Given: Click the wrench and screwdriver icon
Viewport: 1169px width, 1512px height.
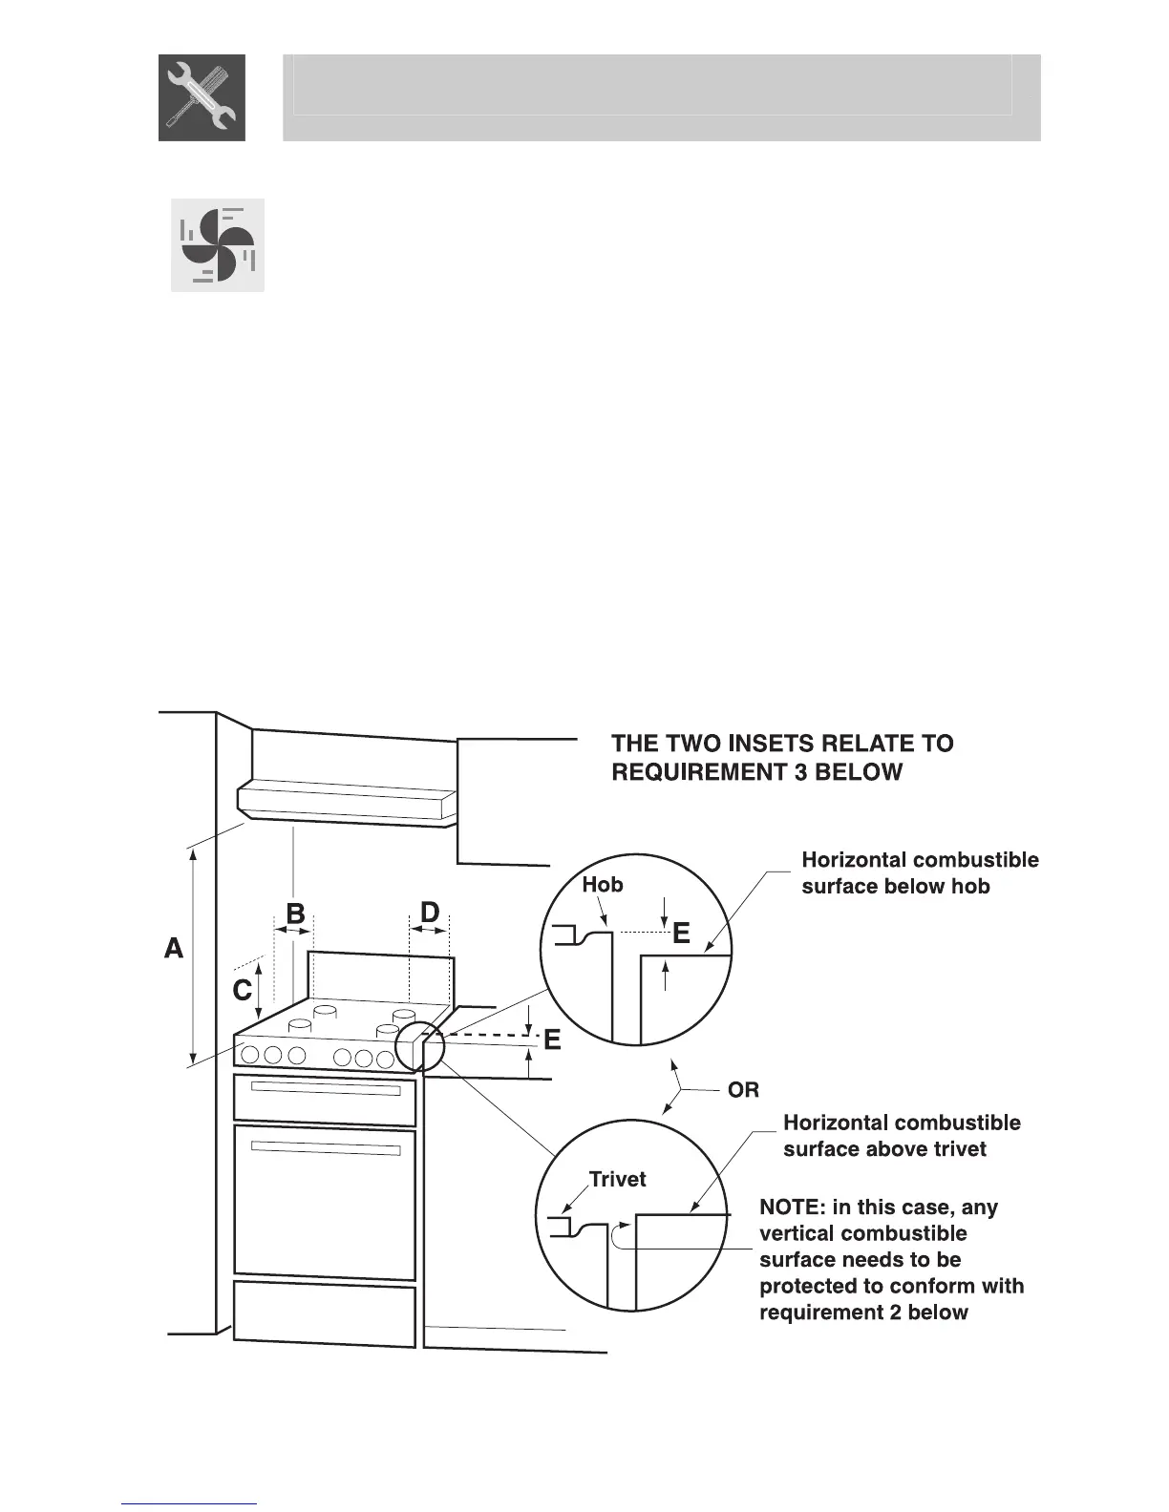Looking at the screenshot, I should [202, 97].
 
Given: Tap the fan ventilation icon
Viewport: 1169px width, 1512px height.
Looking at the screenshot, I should [218, 245].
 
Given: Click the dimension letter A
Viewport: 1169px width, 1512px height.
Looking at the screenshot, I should [174, 949].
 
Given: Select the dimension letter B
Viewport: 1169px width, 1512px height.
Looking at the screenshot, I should [295, 913].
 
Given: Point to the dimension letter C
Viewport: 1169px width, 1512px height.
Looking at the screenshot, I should [242, 991].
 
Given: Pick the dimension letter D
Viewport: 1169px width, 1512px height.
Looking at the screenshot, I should [430, 913].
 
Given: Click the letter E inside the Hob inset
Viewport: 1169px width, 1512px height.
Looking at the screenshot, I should [681, 934].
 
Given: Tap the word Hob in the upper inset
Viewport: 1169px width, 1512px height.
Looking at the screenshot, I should [603, 885].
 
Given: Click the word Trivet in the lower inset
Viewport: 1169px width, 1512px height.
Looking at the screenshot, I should [617, 1180].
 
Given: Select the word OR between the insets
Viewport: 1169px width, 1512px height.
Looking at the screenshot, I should [743, 1090].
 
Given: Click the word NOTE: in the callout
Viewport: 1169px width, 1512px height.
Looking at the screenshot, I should [792, 1207].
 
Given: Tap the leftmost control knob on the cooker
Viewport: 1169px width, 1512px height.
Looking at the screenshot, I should [250, 1055].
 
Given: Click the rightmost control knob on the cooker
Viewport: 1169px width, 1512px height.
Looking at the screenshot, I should [385, 1059].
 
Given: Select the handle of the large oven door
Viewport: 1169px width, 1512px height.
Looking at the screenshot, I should [326, 1147].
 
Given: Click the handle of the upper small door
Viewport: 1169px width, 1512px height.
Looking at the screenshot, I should [326, 1089].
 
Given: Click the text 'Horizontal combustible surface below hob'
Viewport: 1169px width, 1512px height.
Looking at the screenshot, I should [920, 873].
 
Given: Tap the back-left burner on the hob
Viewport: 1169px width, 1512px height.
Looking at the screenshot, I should [325, 1010].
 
